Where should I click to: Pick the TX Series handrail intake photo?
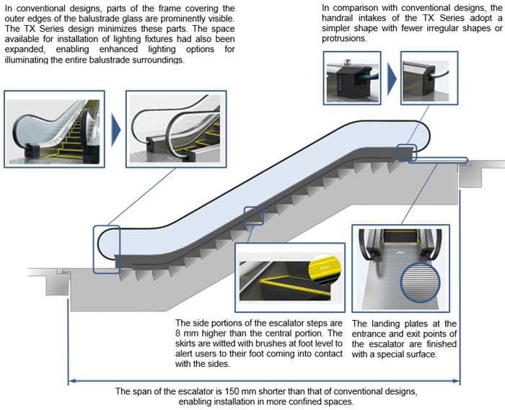pyautogui.click(x=426, y=74)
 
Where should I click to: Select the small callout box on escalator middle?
pyautogui.click(x=255, y=215)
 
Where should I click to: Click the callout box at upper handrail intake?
pyautogui.click(x=405, y=153)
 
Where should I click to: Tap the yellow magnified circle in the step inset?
pyautogui.click(x=322, y=266)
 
